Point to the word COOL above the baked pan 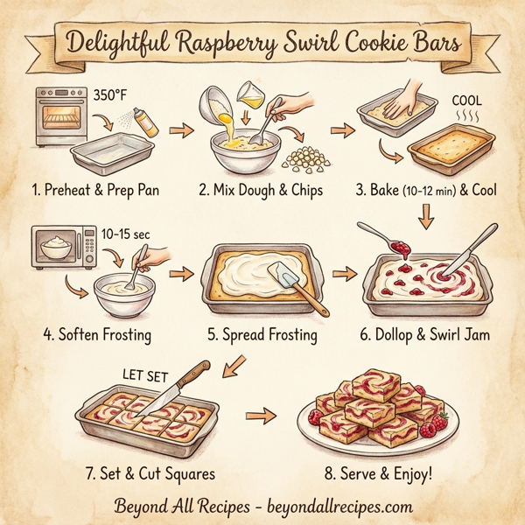click(466, 100)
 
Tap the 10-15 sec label click(120, 234)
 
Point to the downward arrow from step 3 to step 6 click(426, 213)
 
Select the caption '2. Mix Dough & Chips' click(261, 190)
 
